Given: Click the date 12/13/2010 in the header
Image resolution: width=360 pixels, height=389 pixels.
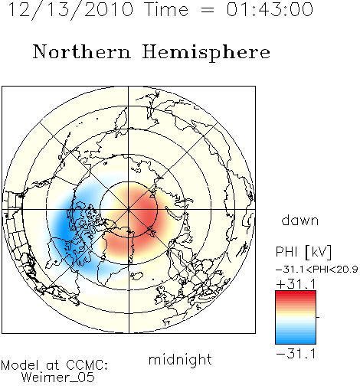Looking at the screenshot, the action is pyautogui.click(x=70, y=10).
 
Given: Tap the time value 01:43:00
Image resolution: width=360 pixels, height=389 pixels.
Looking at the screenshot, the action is pyautogui.click(x=270, y=9).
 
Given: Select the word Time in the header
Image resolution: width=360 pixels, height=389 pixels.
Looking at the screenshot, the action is pyautogui.click(x=166, y=9).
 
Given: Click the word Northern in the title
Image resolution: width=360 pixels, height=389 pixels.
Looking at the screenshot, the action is pyautogui.click(x=82, y=51).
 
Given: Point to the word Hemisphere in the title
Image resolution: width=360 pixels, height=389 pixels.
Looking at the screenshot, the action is pyautogui.click(x=206, y=53).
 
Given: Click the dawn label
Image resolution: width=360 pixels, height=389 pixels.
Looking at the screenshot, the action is pyautogui.click(x=300, y=220).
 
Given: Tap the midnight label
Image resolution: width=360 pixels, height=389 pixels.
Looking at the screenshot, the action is pyautogui.click(x=180, y=359).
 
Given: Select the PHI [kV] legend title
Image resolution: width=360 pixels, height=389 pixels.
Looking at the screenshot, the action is pyautogui.click(x=303, y=252).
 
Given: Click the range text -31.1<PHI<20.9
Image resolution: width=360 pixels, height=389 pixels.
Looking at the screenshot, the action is pyautogui.click(x=317, y=270).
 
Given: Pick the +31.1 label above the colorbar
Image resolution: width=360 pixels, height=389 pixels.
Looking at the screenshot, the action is pyautogui.click(x=296, y=284).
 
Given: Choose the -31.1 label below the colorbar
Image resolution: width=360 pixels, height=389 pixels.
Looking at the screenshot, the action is pyautogui.click(x=296, y=354).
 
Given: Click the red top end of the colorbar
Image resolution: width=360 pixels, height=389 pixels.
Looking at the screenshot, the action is pyautogui.click(x=296, y=293).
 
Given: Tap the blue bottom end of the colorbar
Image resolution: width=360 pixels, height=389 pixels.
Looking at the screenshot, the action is pyautogui.click(x=296, y=341).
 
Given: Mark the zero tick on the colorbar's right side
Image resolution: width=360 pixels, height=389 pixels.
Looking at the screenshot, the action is pyautogui.click(x=318, y=317).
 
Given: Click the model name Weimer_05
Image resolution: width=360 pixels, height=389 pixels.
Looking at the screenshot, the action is pyautogui.click(x=58, y=377).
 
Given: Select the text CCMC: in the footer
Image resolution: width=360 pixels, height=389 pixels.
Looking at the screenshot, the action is pyautogui.click(x=87, y=365).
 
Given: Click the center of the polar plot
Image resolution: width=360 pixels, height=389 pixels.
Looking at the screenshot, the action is pyautogui.click(x=129, y=209).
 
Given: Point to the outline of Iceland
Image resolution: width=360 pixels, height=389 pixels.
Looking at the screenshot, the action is pyautogui.click(x=137, y=276).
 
